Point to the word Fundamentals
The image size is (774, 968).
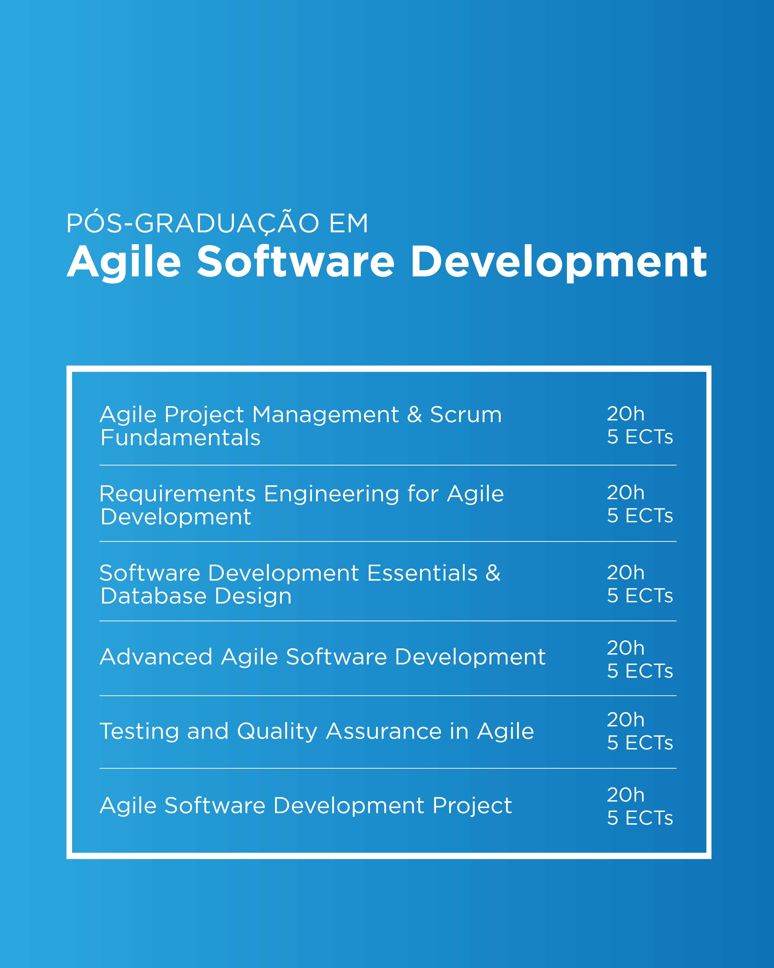(180, 438)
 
